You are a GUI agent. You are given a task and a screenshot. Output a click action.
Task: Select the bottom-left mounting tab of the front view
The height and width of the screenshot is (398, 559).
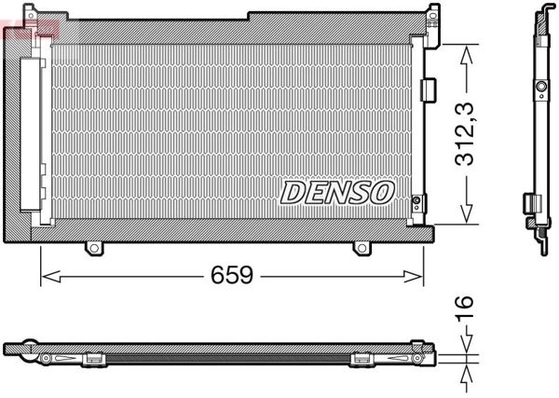pyautogui.click(x=93, y=249)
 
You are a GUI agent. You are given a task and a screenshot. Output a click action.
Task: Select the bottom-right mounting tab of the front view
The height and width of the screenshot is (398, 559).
pyautogui.click(x=363, y=249)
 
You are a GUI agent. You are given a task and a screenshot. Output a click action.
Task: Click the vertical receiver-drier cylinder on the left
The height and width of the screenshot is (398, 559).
pyautogui.click(x=34, y=140)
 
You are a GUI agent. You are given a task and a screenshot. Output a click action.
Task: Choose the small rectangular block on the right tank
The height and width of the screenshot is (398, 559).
pyautogui.click(x=429, y=89)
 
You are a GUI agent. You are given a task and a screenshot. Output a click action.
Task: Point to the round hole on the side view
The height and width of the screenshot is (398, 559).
pyautogui.click(x=540, y=90)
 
